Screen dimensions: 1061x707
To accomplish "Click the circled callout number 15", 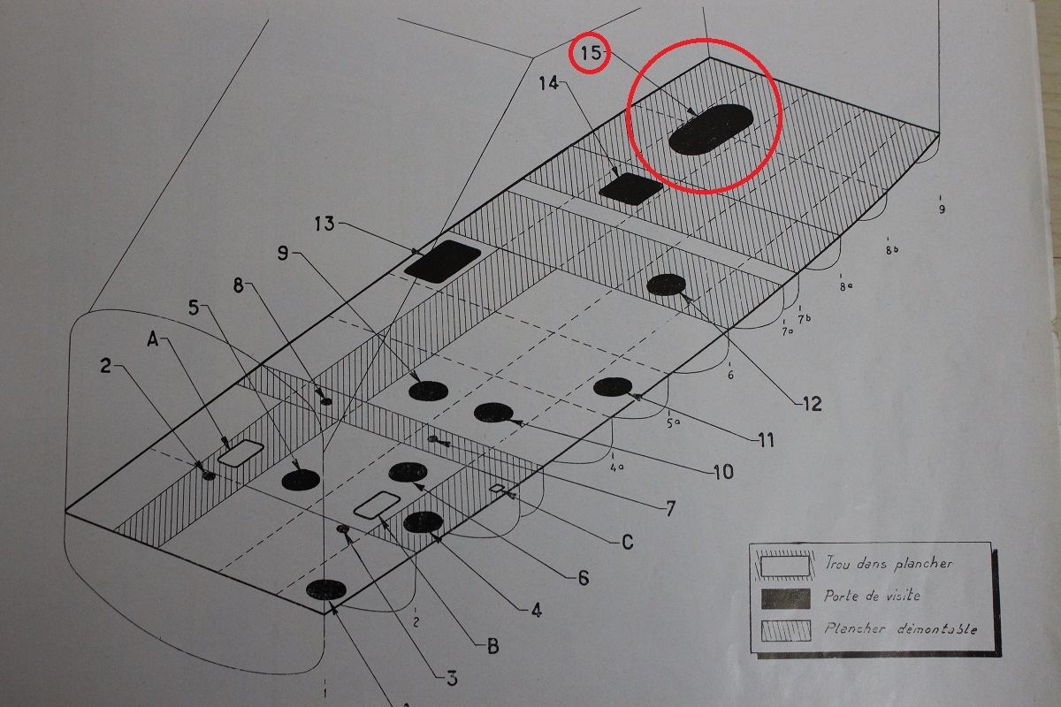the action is point(591,52).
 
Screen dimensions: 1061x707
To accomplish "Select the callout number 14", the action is point(549,83).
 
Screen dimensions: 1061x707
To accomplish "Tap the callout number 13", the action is point(325,224).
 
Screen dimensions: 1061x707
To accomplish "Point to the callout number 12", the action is point(813,404).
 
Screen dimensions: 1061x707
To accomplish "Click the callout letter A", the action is point(152,339).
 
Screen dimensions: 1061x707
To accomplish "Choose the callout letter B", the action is point(493,647).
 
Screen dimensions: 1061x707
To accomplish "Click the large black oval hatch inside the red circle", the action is point(711,130).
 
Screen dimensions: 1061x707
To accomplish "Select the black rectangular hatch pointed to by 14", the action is point(631,188).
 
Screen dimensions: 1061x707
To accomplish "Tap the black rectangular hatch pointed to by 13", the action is point(443,262).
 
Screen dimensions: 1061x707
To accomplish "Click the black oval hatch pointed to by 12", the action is point(666,285).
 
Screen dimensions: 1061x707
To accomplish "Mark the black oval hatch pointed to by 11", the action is point(613,387).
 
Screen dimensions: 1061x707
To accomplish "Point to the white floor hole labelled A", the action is point(240,452).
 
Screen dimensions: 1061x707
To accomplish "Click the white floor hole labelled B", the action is point(377,505).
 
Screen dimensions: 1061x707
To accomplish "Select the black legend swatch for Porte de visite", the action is point(785,598).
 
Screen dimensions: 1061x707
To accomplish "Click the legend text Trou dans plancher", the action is point(889,563).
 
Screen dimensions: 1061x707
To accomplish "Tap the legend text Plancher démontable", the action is point(900,628).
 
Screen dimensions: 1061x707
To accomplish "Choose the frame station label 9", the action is point(942,209).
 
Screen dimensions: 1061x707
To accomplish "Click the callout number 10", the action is point(723,472).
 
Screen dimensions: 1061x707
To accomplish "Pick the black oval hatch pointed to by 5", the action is point(301,480).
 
